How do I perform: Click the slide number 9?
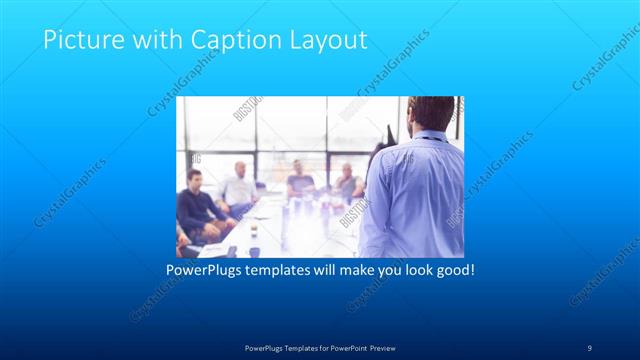589,347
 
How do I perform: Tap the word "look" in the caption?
412,270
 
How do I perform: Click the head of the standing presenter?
432,112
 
